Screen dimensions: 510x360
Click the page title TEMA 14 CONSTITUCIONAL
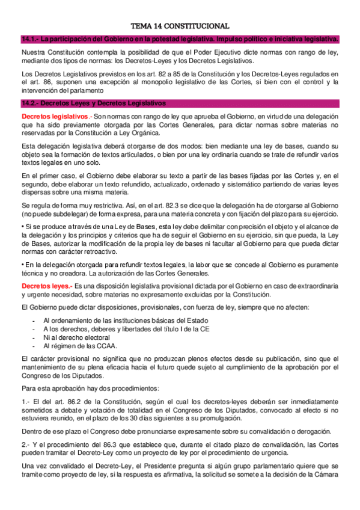click(x=180, y=26)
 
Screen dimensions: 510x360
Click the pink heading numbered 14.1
click(x=180, y=40)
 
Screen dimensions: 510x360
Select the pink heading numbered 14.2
click(x=93, y=103)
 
